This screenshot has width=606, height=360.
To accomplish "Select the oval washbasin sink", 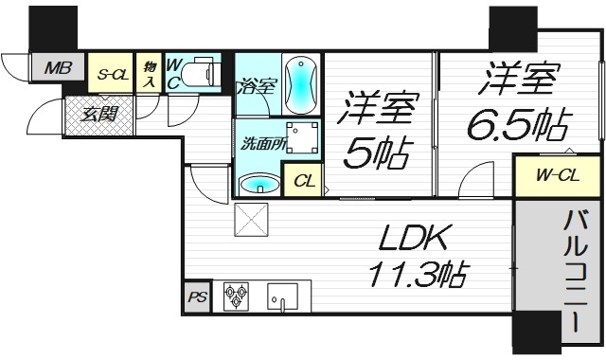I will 259,183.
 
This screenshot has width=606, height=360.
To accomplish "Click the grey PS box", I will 197,297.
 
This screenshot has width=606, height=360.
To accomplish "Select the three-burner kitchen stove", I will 237,297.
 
